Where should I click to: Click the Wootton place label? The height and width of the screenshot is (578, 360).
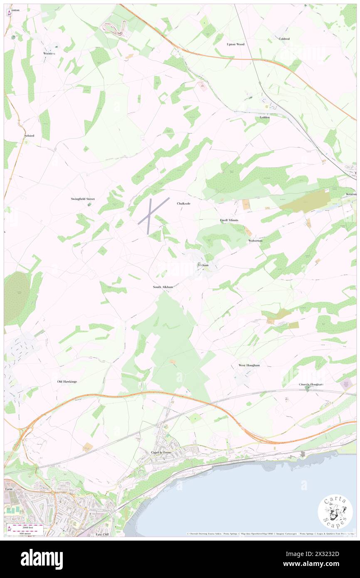coord(49,53)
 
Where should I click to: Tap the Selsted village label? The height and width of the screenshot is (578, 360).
coord(29,136)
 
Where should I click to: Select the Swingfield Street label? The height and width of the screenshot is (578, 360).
coord(82,199)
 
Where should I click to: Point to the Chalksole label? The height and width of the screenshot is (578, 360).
coord(184,203)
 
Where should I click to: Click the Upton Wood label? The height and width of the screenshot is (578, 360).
coord(235,44)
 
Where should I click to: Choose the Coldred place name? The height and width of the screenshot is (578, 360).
coord(284,39)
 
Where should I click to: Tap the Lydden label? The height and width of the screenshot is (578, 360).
coord(264,117)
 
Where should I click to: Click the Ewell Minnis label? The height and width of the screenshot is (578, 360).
coord(229,220)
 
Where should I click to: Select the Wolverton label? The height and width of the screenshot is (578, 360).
coord(255,241)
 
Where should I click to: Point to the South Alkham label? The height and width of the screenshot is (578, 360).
coord(163,287)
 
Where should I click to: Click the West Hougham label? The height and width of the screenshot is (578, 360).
coord(249,365)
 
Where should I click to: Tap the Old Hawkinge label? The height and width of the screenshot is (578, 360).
coord(67,381)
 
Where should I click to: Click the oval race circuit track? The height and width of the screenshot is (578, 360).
coord(114,28)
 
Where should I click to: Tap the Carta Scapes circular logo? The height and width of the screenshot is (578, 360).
coord(335,512)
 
